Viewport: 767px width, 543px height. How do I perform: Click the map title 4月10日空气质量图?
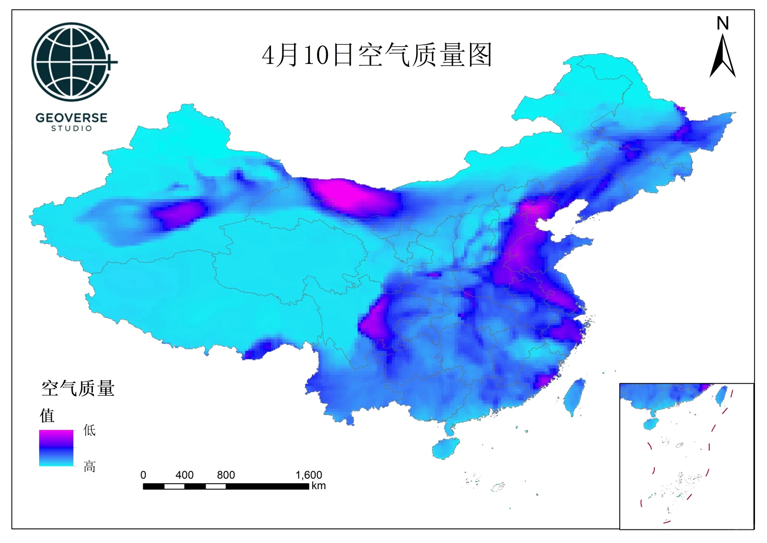point(376,55)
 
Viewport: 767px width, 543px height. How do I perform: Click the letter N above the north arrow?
point(722,24)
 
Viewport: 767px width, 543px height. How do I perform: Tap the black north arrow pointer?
point(722,57)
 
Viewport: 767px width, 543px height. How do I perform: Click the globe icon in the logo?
point(71,61)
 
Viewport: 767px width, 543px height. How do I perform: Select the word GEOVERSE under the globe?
point(71,118)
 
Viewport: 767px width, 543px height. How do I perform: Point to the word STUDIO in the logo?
point(71,129)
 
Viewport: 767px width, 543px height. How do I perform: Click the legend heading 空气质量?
point(78,389)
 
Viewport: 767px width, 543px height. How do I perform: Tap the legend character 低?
point(89,430)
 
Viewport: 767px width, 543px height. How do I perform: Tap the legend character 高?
point(89,467)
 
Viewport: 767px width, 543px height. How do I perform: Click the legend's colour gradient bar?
point(56,447)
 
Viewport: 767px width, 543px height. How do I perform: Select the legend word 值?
point(47,416)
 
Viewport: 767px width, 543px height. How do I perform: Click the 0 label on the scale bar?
point(143,475)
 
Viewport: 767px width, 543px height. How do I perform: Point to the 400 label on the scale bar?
point(184,475)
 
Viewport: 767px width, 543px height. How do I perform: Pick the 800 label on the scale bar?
point(226,475)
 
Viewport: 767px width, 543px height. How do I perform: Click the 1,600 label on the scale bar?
point(308,475)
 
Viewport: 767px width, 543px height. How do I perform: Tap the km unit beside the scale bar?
point(319,486)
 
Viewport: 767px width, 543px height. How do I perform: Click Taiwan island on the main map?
point(574,397)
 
